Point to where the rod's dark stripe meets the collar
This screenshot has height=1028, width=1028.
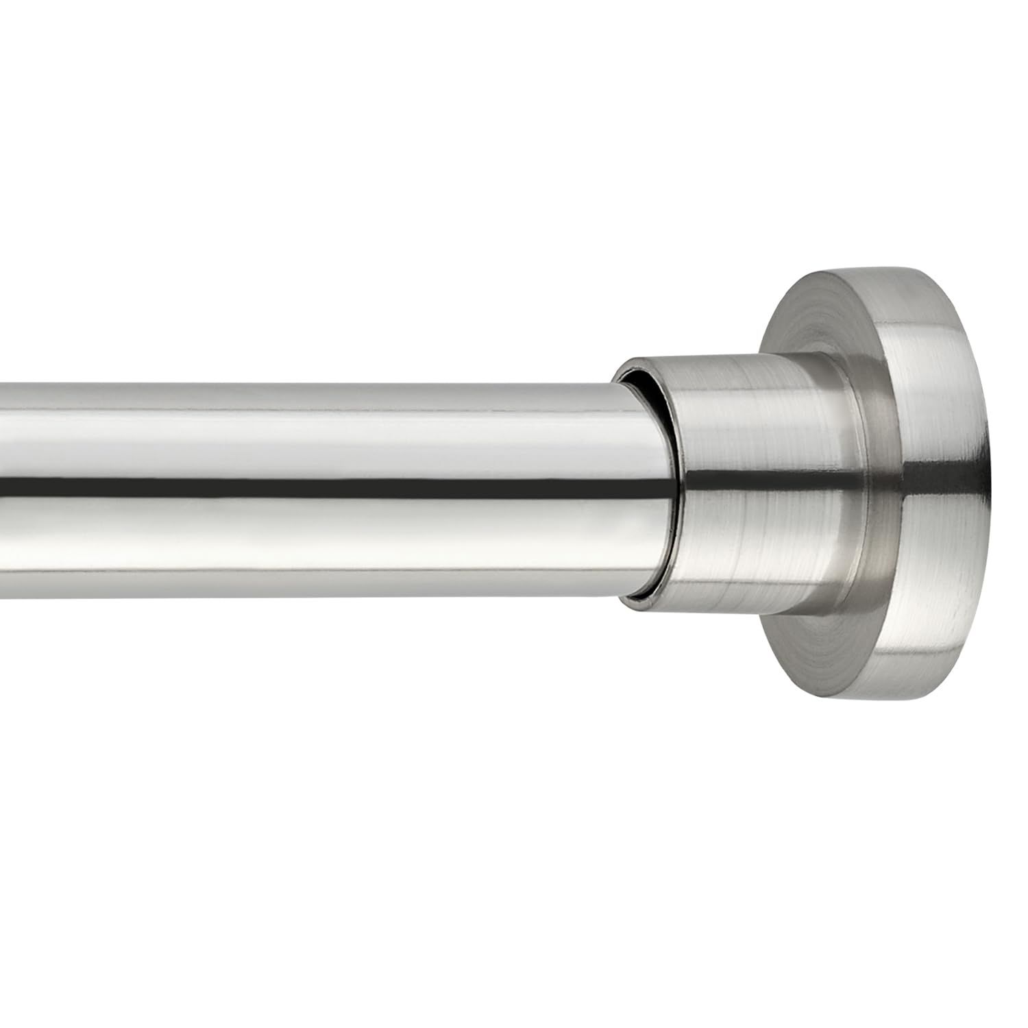coord(675,485)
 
